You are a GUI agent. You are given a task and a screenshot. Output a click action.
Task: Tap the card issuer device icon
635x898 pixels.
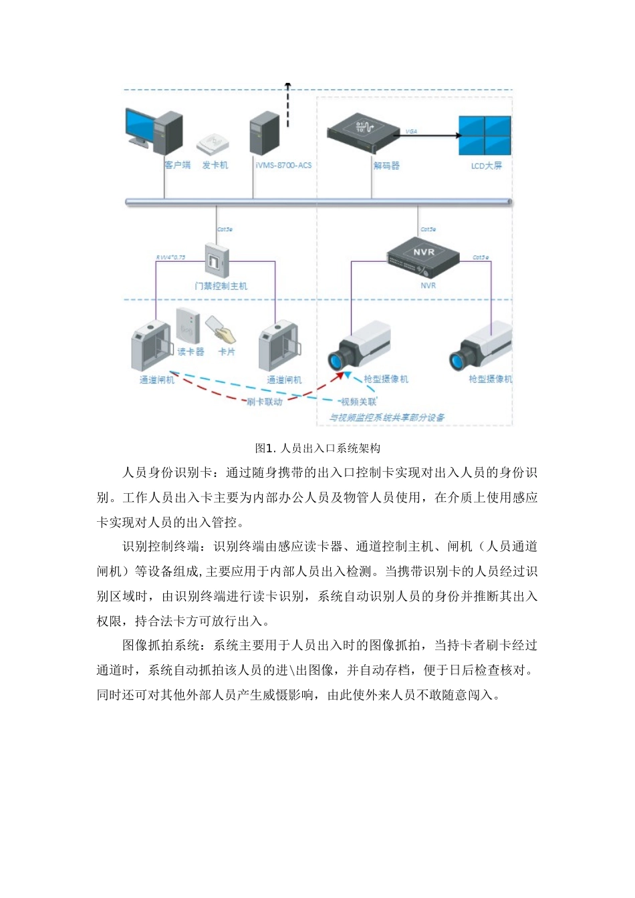(213, 142)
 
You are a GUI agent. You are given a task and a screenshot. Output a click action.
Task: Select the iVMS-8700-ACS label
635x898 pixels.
(283, 165)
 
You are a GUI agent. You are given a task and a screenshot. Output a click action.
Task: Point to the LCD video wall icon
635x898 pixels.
(485, 135)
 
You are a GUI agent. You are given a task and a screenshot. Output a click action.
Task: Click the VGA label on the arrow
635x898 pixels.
(411, 132)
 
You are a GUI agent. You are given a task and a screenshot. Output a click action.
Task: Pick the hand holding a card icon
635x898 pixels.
(221, 328)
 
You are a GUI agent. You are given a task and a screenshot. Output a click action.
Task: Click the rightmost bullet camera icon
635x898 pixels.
(481, 347)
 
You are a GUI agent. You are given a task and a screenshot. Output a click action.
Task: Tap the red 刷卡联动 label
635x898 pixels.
(264, 402)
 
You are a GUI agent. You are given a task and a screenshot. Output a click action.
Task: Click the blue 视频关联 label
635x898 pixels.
(358, 402)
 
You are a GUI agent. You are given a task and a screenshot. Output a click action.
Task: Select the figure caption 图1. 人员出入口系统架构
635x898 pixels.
(317, 448)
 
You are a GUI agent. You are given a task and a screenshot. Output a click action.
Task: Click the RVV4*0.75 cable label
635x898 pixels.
(170, 257)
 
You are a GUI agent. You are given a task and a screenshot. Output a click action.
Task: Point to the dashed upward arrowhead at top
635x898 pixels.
(288, 85)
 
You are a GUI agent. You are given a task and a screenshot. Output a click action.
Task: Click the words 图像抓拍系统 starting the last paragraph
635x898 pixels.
(161, 645)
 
